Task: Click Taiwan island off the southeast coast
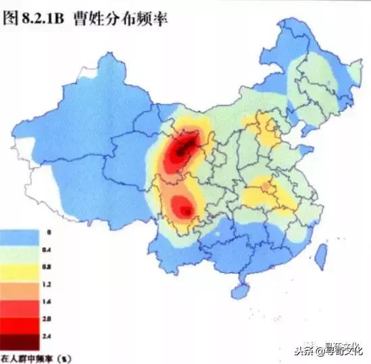point(321,254)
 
